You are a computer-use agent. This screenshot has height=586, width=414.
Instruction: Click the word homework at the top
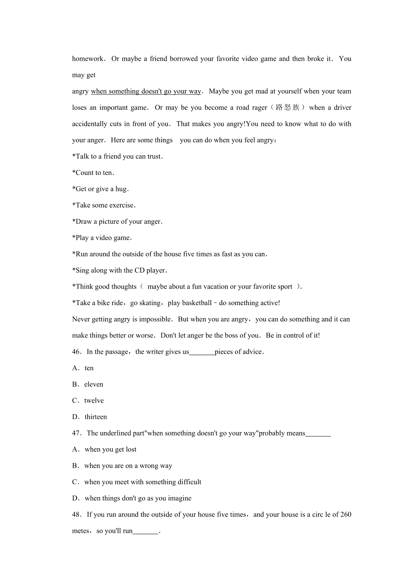click(x=88, y=59)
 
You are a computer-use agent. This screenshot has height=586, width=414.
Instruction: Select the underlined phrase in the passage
click(x=146, y=91)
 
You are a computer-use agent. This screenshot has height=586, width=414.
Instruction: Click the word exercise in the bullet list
click(x=121, y=205)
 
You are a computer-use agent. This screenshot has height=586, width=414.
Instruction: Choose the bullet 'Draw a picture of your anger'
click(x=117, y=222)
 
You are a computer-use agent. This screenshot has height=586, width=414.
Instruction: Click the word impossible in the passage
click(x=155, y=319)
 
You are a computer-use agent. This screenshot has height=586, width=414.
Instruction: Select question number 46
click(x=77, y=352)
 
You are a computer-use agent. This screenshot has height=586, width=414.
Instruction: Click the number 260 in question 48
click(x=345, y=515)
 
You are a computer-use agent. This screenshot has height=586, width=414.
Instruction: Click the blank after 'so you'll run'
click(x=146, y=532)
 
